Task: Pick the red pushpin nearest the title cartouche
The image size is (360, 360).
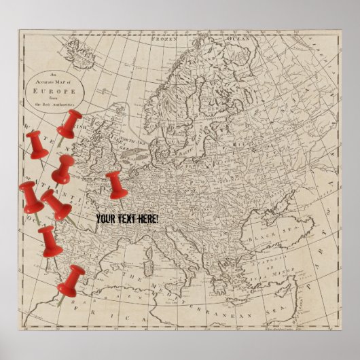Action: pos(69,124)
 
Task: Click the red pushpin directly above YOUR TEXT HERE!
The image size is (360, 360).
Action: pos(116,184)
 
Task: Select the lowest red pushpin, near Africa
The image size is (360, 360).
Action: pos(71,280)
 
